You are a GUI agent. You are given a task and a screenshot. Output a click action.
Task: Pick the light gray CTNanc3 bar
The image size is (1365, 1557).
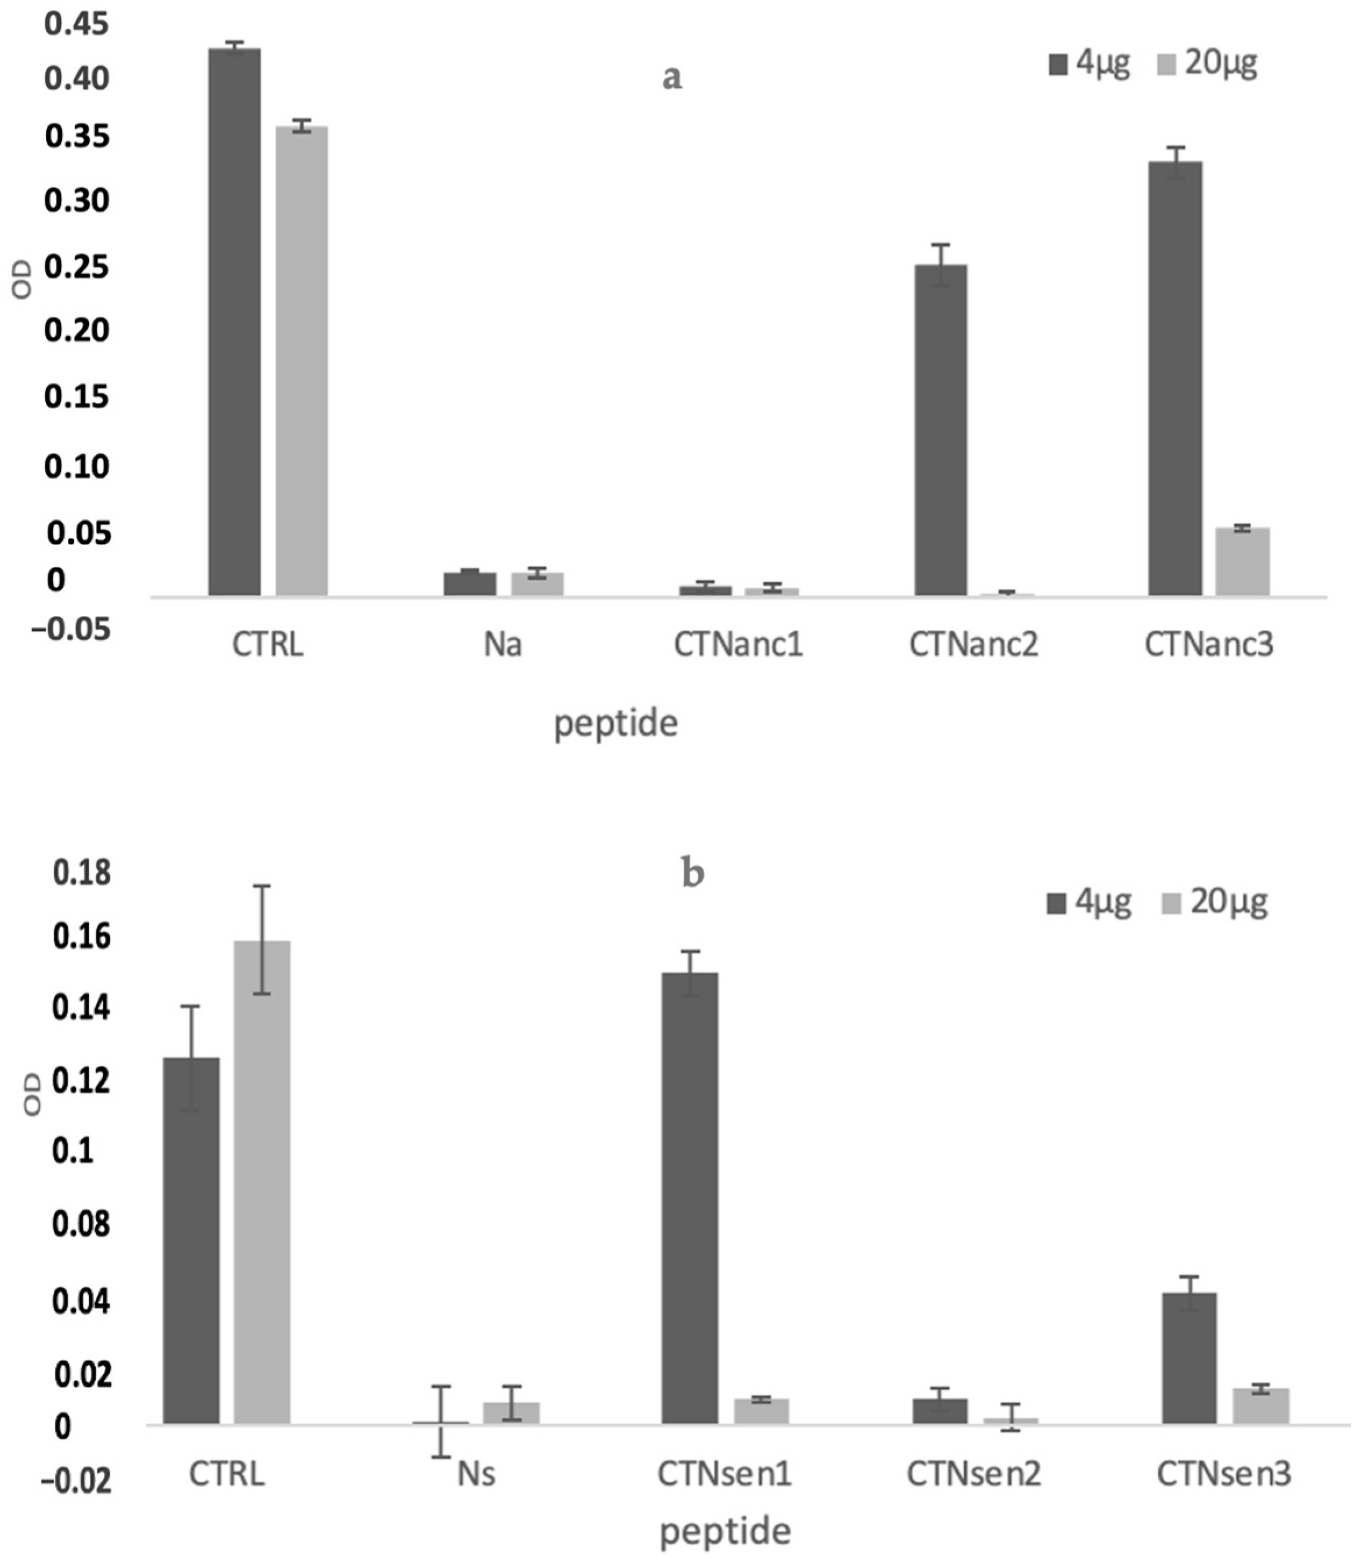pos(1242,561)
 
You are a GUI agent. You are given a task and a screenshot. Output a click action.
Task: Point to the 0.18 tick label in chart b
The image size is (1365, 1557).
pos(81,873)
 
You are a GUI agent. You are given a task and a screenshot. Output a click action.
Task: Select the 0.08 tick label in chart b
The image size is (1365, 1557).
pos(81,1225)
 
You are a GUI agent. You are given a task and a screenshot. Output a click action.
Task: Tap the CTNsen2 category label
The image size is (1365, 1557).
pos(973,1474)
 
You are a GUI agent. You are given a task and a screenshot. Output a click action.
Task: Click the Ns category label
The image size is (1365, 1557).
pos(476,1474)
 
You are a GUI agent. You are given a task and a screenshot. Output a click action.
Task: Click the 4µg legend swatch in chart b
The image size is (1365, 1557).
pos(1057,903)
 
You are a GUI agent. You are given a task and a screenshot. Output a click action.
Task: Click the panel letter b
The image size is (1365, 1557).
pos(692,874)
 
